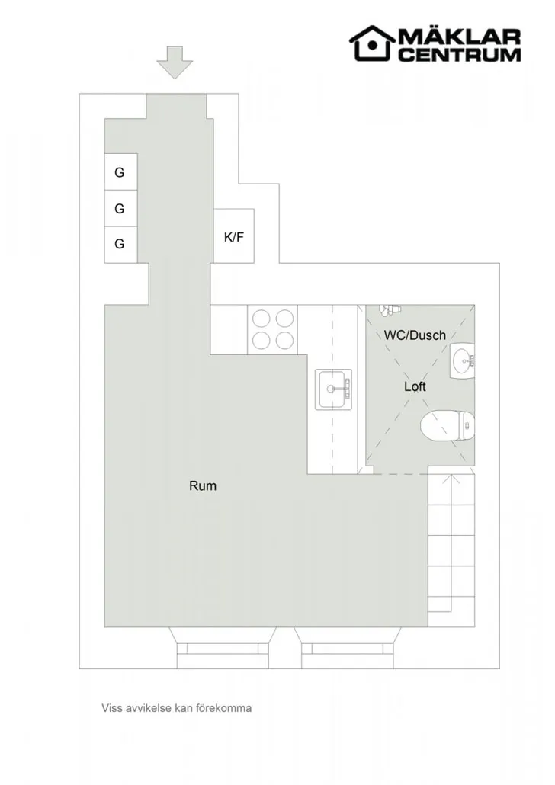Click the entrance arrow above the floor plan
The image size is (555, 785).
pos(176,62)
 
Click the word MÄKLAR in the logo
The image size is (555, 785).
pos(459,37)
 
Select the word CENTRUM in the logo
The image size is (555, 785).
pos(460,54)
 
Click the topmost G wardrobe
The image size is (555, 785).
pos(120,172)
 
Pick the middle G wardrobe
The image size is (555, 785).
pos(120,208)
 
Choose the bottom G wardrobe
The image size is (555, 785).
pos(120,244)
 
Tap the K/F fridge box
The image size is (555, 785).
pos(233,236)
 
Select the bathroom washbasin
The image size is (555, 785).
pos(462,360)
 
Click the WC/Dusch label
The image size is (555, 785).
pos(415,335)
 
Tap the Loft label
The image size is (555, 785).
pos(415,386)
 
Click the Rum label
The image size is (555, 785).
pos(203,485)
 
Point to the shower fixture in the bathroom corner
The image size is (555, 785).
pos(389,309)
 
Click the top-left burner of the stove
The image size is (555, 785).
pos(260,317)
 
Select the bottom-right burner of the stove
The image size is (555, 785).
pos(284,340)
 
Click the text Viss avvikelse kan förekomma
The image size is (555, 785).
pos(177,707)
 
